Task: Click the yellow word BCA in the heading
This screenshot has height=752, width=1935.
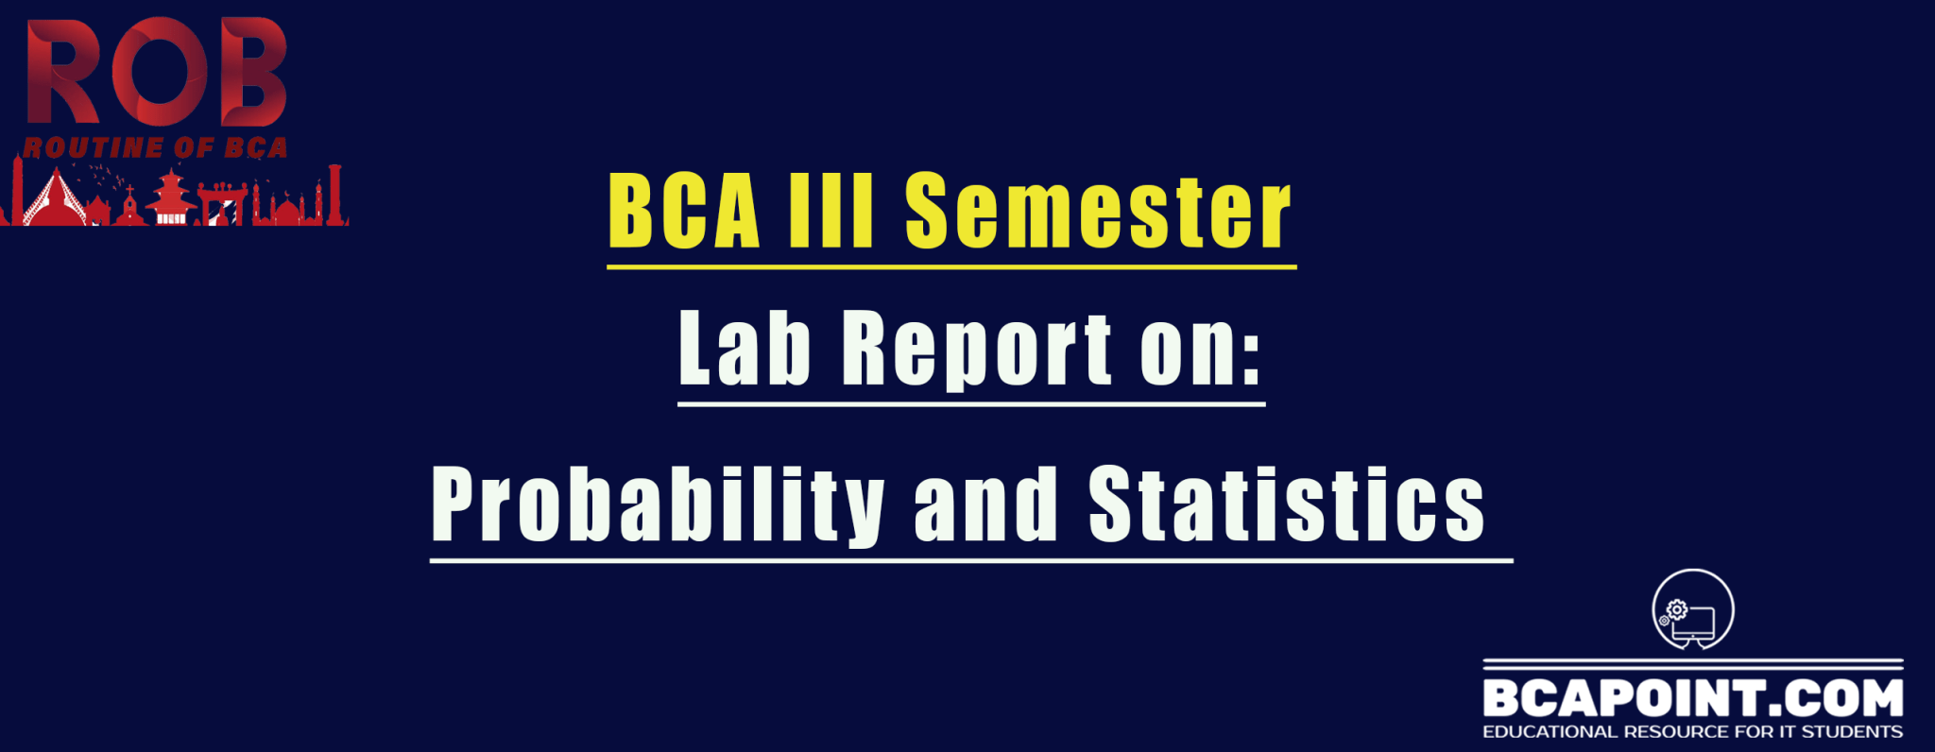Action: (685, 211)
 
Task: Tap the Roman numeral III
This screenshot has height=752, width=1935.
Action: (831, 211)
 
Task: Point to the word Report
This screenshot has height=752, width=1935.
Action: (977, 350)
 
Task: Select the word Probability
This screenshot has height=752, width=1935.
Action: (658, 505)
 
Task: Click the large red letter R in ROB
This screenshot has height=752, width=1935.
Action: (62, 72)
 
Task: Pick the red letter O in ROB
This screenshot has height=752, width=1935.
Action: (156, 73)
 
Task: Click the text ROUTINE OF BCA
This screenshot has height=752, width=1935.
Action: (155, 147)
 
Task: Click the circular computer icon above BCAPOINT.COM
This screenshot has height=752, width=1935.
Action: (1693, 610)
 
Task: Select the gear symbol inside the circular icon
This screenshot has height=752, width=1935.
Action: (1677, 610)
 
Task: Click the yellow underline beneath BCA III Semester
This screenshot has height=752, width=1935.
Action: (951, 267)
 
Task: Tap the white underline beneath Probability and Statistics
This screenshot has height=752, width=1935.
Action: (971, 561)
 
